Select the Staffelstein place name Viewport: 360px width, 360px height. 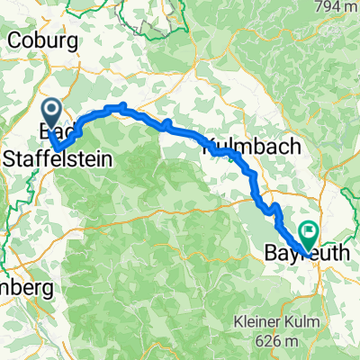[59, 159]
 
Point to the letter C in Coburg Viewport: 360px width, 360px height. [13, 40]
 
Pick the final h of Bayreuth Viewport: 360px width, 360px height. [349, 255]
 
